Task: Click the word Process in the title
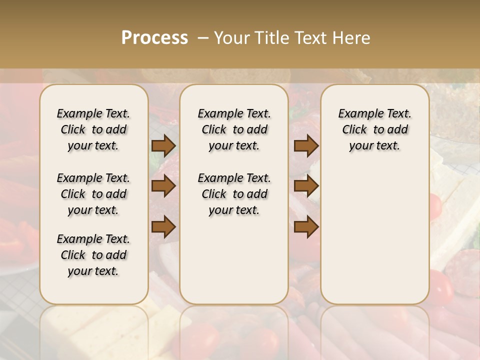pos(154,38)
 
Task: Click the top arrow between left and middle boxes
pos(163,146)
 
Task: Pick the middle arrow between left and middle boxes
pos(163,186)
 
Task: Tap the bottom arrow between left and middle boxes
pos(163,226)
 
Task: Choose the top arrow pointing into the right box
pos(306,146)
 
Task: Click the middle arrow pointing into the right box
pos(306,186)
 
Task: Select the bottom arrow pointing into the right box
pos(306,226)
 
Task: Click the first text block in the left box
pos(93,129)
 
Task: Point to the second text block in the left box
pos(93,194)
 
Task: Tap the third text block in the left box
pos(93,255)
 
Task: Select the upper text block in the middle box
pos(234,129)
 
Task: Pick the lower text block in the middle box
pos(234,194)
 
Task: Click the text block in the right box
pos(374,129)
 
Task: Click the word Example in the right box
pos(360,114)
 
